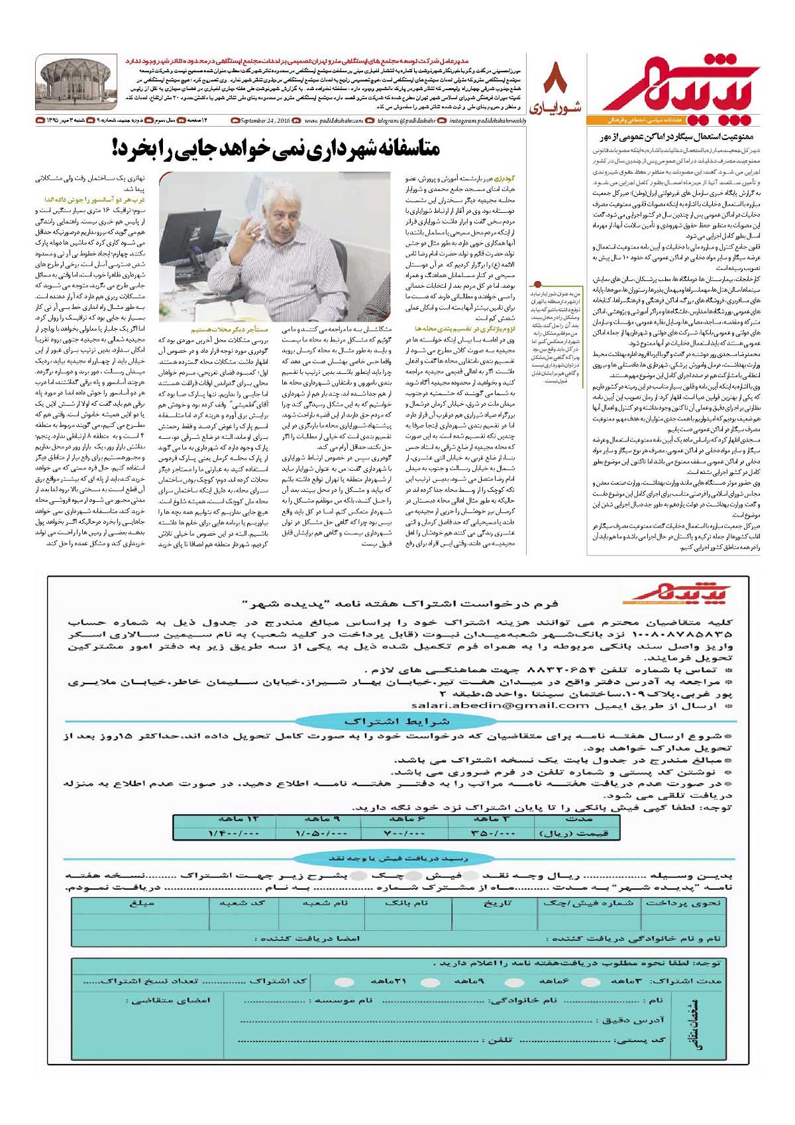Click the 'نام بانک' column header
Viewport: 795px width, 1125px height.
point(406,903)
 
